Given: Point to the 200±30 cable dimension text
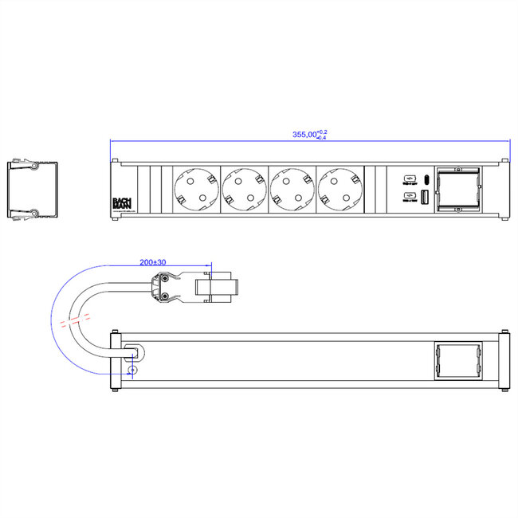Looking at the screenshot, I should (152, 262).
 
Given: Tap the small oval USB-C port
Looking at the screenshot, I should (426, 178).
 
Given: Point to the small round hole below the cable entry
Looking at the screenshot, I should (133, 370).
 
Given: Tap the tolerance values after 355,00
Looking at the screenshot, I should (322, 135).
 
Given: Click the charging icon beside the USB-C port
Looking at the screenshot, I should (408, 178).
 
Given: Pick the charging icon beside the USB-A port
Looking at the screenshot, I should (408, 196).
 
